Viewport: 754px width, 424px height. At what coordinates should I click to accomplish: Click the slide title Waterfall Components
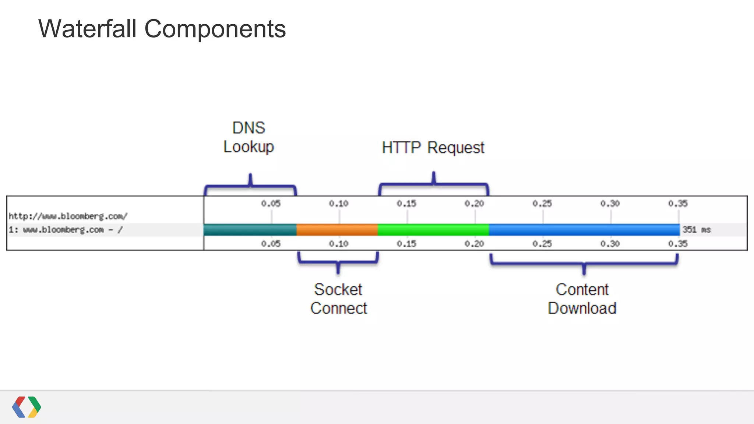(x=162, y=29)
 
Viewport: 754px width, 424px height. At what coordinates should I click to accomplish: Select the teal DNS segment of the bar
(x=250, y=230)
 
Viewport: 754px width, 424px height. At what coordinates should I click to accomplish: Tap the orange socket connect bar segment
(x=337, y=230)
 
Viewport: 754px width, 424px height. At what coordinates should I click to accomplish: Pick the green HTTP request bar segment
(x=433, y=230)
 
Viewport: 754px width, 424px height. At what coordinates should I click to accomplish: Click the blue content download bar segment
(x=584, y=230)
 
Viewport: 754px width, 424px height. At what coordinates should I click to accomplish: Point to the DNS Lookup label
(x=249, y=137)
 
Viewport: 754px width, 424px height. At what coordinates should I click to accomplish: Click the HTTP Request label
(x=433, y=148)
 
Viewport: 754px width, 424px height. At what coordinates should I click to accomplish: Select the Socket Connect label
(x=338, y=298)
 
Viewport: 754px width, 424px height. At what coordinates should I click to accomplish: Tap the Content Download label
(x=582, y=298)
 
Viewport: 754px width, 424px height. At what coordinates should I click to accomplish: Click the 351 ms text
(x=696, y=230)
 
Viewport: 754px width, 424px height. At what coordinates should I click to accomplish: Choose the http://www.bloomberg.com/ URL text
(x=68, y=216)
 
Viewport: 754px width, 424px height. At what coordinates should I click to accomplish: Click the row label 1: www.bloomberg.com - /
(x=66, y=230)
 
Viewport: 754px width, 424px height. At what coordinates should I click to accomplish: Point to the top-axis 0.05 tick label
(x=271, y=204)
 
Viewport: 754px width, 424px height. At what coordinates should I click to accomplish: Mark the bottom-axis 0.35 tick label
(x=678, y=244)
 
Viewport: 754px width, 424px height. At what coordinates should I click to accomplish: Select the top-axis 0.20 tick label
(x=474, y=204)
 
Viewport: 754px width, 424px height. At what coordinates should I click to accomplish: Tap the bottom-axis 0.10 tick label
(x=338, y=244)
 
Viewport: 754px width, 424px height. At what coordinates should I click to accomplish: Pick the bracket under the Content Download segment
(x=584, y=264)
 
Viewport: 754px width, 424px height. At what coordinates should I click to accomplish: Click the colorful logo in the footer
(x=27, y=407)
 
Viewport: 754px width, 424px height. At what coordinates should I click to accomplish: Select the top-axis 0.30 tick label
(x=610, y=204)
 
